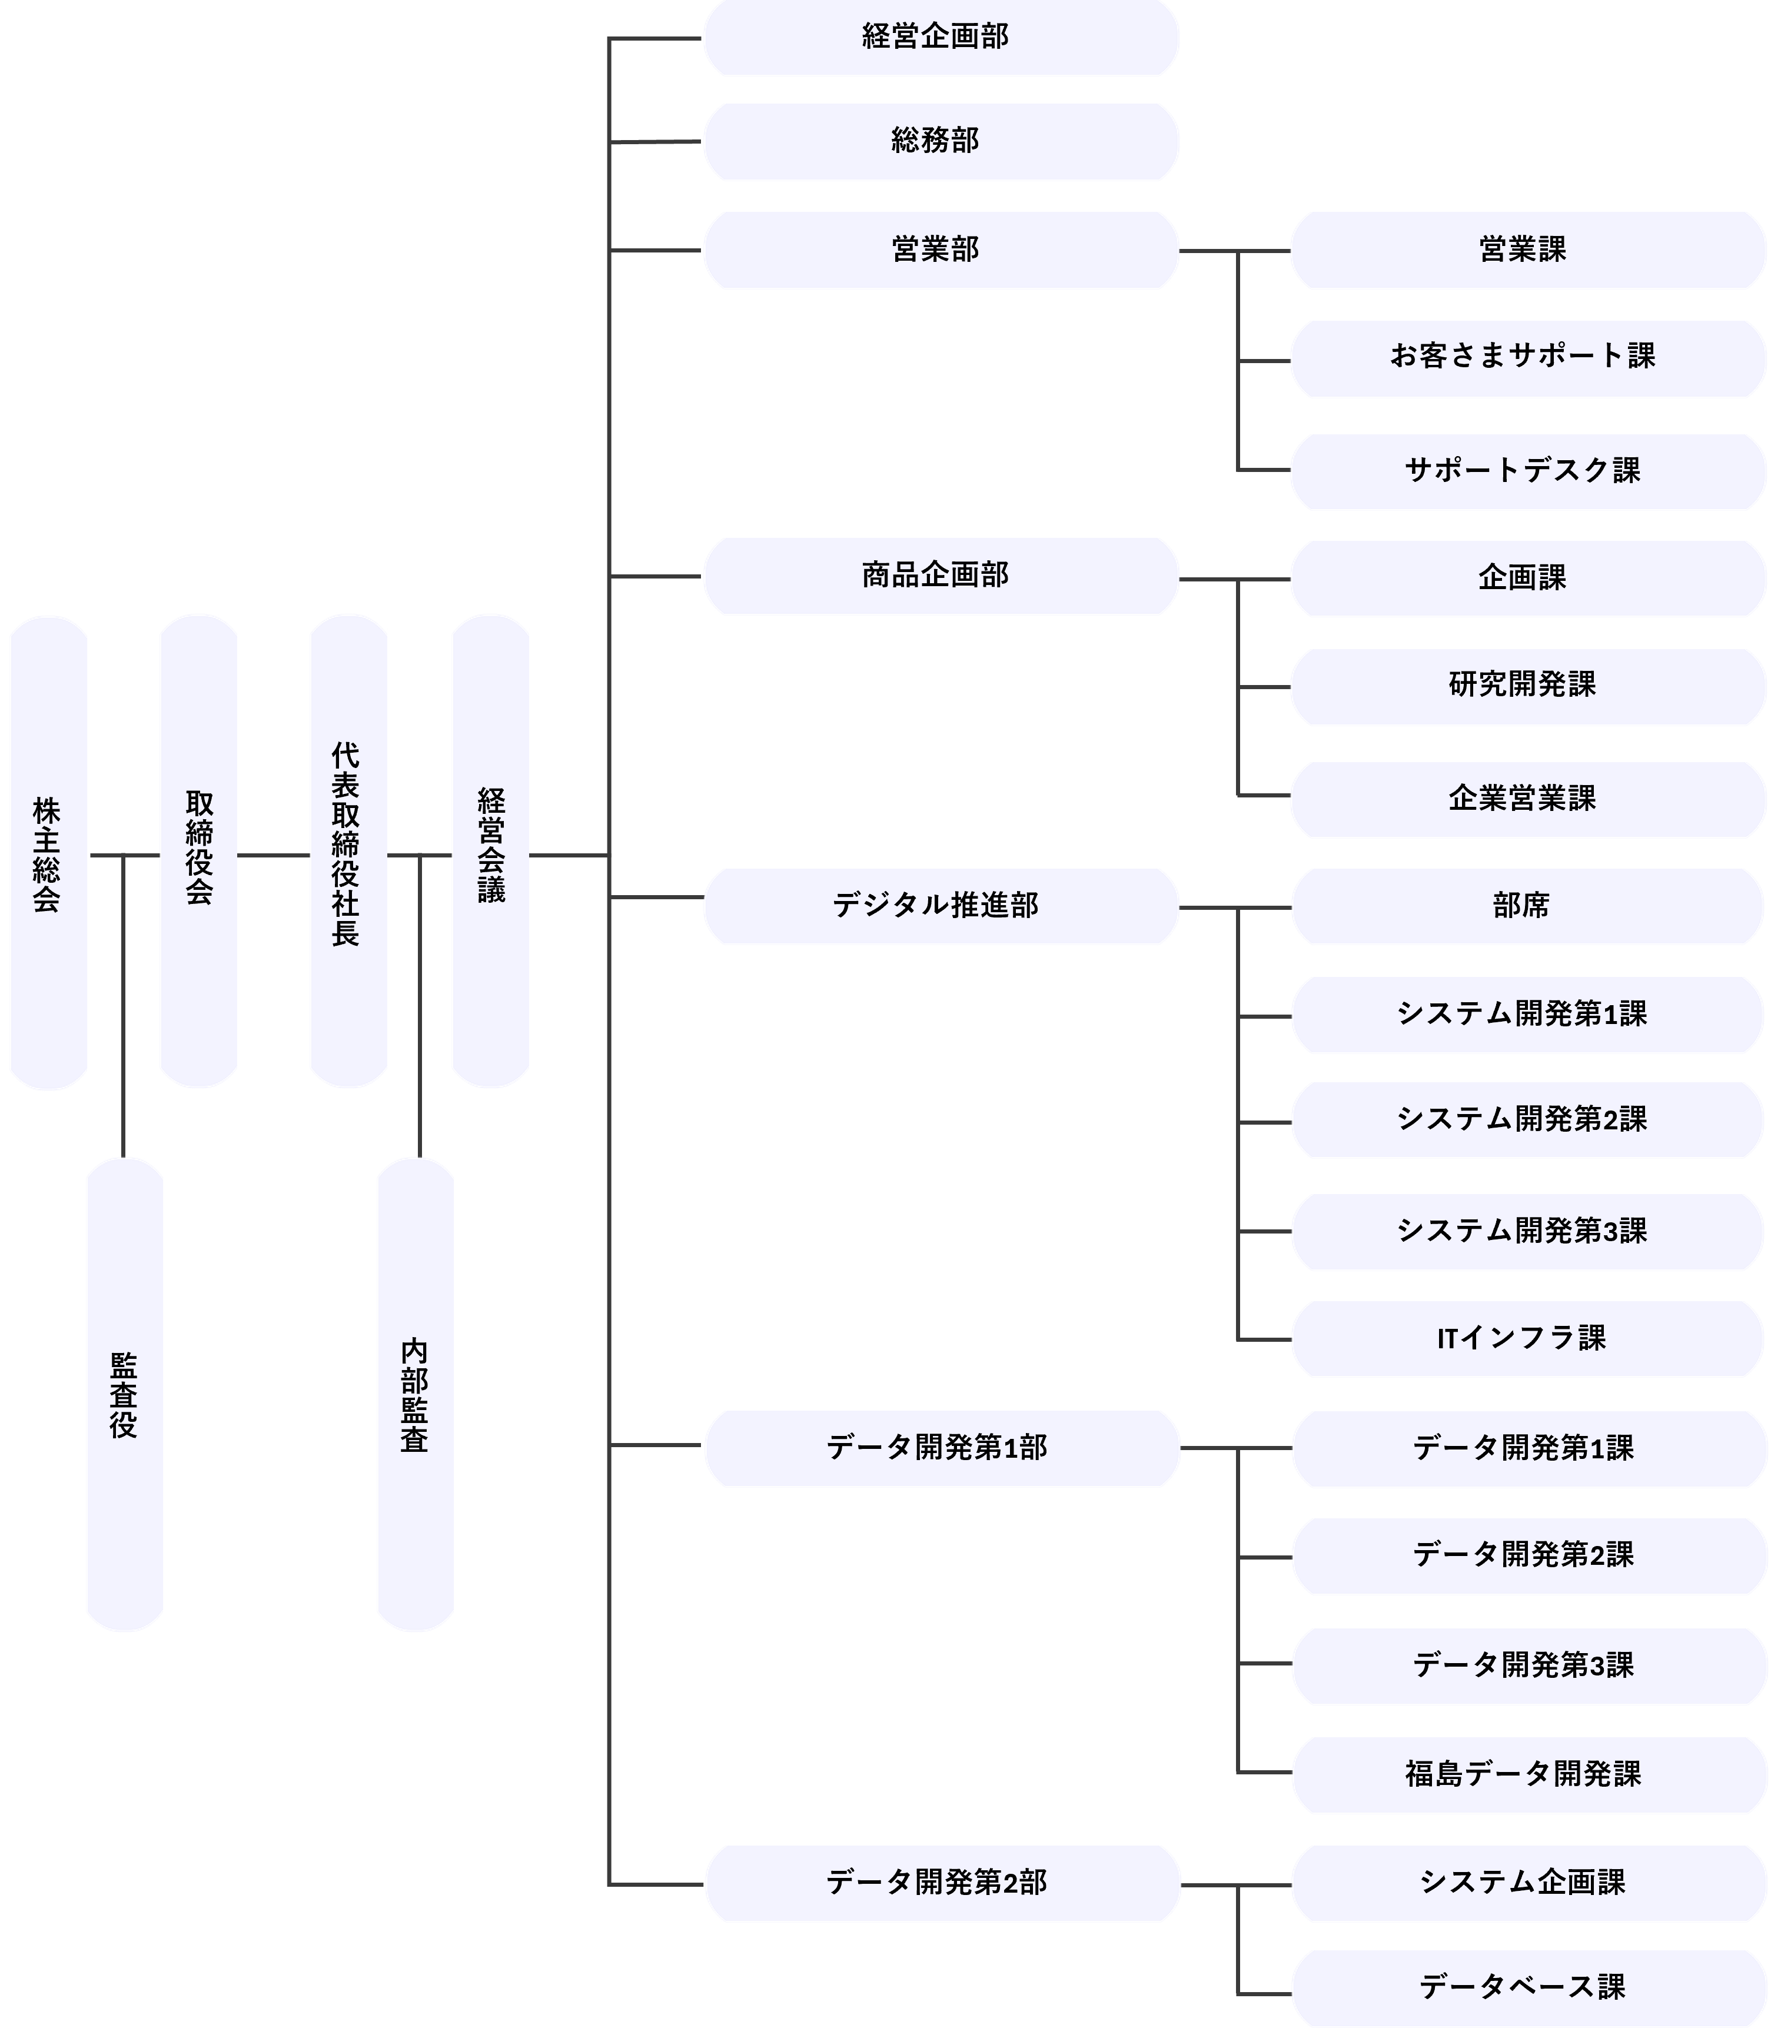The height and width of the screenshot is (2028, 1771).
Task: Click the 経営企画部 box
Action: tap(941, 38)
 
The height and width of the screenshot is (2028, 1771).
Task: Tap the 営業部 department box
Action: tap(941, 250)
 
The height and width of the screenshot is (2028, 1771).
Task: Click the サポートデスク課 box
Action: tap(1527, 471)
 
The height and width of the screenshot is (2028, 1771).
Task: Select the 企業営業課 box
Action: tap(1527, 800)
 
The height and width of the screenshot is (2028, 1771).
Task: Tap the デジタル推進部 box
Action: tap(941, 906)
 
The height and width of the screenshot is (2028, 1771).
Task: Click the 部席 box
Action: tap(1527, 906)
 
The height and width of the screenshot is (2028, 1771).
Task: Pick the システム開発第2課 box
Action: tap(1527, 1120)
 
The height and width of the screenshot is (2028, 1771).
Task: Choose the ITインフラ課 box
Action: tap(1527, 1339)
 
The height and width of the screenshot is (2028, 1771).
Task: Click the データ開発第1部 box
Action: tap(941, 1449)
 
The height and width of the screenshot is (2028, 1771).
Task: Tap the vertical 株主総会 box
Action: tap(48, 853)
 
